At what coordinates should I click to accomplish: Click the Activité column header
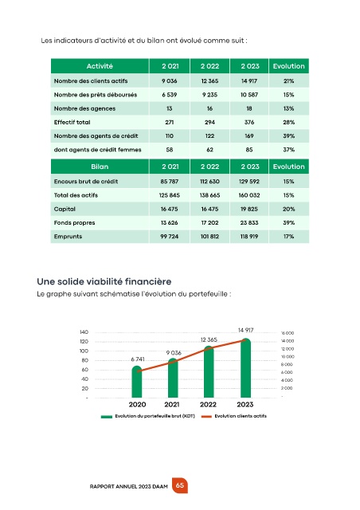[x=100, y=66]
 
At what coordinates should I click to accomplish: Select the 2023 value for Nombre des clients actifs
[x=249, y=81]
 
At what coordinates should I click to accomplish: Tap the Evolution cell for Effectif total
[x=288, y=122]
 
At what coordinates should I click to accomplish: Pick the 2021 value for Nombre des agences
[x=170, y=108]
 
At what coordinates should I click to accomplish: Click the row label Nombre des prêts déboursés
[x=96, y=95]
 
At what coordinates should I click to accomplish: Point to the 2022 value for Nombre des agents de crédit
[x=209, y=136]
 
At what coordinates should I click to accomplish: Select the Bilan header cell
[x=100, y=167]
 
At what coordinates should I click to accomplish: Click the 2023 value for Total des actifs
[x=249, y=195]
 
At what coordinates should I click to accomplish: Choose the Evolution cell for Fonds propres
[x=288, y=223]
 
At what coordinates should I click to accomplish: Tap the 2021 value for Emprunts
[x=170, y=237]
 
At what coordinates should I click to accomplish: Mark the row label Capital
[x=65, y=209]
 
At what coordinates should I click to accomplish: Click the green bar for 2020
[x=137, y=382]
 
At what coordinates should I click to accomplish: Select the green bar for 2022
[x=209, y=372]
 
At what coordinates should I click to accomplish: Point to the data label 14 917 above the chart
[x=245, y=330]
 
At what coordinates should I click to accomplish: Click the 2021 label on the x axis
[x=172, y=404]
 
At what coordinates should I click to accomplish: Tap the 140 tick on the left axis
[x=84, y=332]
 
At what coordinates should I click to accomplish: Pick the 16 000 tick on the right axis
[x=288, y=333]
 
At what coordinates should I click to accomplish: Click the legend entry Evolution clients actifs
[x=234, y=416]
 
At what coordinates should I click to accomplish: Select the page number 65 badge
[x=180, y=485]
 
